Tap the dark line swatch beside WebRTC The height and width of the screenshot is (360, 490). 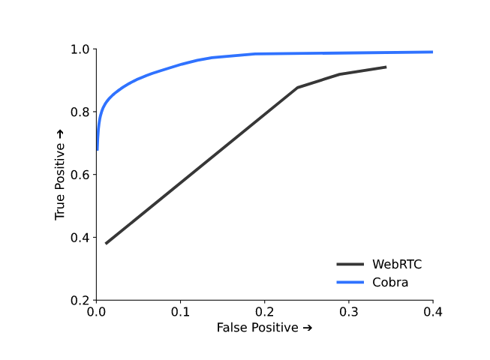[350, 264]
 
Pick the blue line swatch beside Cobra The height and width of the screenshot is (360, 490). [350, 282]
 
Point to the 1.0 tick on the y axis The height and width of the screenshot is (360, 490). [80, 49]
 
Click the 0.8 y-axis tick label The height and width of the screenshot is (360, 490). [80, 112]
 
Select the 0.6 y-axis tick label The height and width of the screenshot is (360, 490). [80, 175]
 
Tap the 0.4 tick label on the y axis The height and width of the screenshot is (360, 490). [80, 238]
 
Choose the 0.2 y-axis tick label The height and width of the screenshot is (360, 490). [80, 300]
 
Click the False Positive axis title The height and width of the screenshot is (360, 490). [264, 328]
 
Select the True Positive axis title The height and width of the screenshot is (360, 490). [61, 175]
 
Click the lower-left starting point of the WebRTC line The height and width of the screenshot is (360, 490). [106, 243]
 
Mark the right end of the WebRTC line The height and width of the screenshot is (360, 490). [386, 67]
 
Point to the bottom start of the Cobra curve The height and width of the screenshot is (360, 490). [98, 149]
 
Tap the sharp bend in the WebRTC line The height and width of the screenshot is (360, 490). [298, 88]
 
